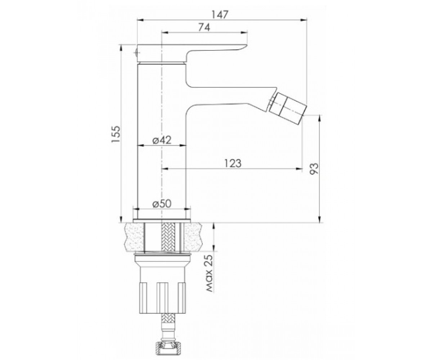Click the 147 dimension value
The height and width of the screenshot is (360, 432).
click(220, 15)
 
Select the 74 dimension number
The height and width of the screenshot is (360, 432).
click(204, 27)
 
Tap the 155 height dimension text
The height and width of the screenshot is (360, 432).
click(116, 134)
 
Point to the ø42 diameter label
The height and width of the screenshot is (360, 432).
click(162, 140)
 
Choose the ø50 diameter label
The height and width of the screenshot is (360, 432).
click(162, 204)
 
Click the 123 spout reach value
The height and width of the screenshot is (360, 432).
click(233, 163)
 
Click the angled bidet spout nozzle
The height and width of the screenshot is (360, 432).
click(288, 109)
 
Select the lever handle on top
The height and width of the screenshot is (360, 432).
click(192, 53)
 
